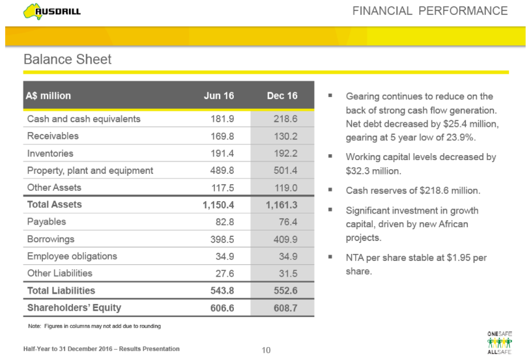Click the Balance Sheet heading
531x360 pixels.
[67, 59]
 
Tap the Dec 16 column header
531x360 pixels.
[281, 96]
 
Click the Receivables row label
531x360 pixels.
[53, 136]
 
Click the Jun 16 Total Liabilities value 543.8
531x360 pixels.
[220, 291]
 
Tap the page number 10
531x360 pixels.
[265, 350]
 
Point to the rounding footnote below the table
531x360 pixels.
[91, 325]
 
